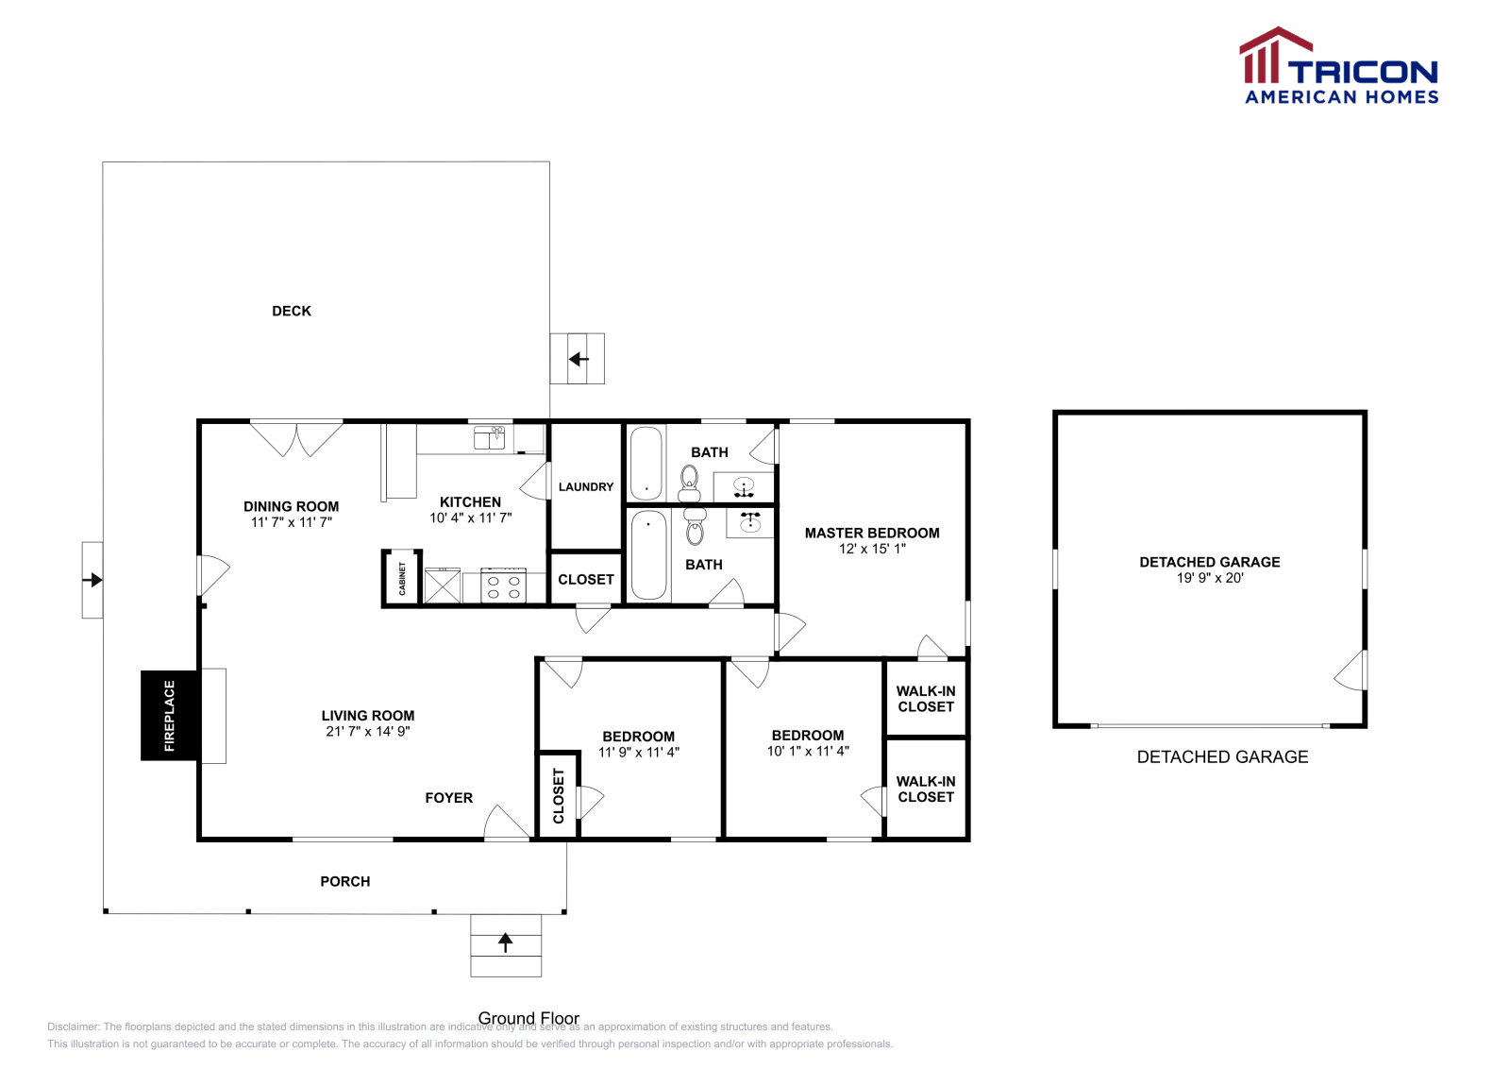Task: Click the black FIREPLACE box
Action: [170, 715]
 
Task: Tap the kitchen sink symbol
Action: [489, 437]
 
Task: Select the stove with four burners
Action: [503, 585]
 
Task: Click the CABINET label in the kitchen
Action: [402, 577]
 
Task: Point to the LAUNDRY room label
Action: [585, 487]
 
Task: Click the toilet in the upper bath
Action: [690, 482]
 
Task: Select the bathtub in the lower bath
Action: [648, 555]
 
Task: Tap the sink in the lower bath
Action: [750, 521]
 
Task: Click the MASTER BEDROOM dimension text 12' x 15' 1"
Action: [872, 549]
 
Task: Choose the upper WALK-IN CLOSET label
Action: [926, 699]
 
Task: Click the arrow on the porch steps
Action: [506, 942]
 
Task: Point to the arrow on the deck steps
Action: [579, 359]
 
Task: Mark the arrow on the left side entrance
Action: [92, 580]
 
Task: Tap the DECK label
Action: [292, 311]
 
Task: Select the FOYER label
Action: [448, 798]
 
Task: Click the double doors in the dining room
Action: [296, 438]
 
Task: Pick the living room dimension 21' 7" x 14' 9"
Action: [368, 732]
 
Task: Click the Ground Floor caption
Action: [528, 1017]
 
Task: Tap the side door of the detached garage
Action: [1351, 670]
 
